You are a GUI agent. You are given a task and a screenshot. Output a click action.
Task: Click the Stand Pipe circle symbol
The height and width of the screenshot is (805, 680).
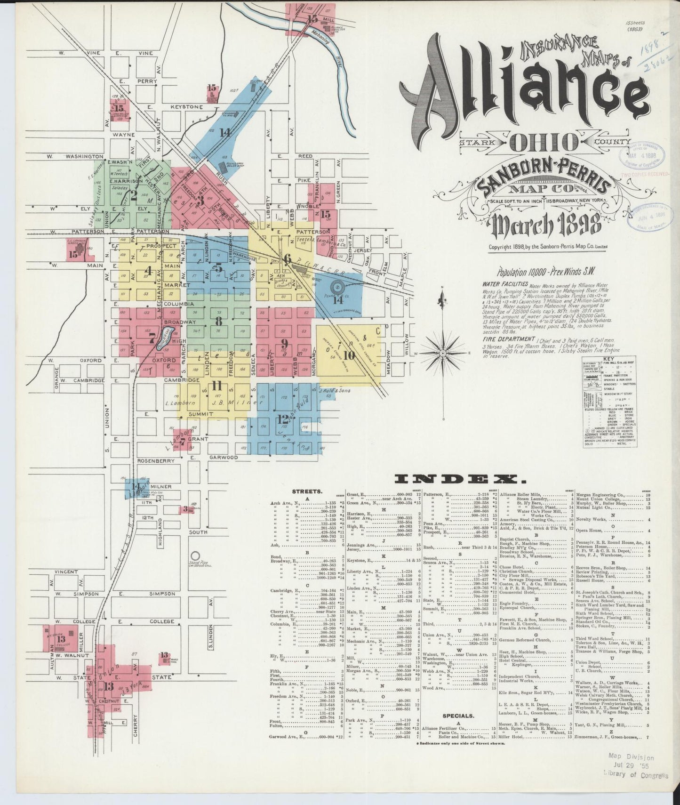(x=194, y=556)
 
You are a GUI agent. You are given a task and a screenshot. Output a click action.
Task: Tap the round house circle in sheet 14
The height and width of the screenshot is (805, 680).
(x=337, y=287)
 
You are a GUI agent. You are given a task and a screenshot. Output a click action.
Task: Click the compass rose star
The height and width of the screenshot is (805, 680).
(x=443, y=353)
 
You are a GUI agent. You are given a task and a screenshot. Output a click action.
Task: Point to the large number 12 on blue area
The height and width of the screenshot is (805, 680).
(x=283, y=418)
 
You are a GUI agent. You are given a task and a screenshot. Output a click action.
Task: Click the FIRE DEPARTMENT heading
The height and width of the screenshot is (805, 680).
(x=507, y=339)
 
